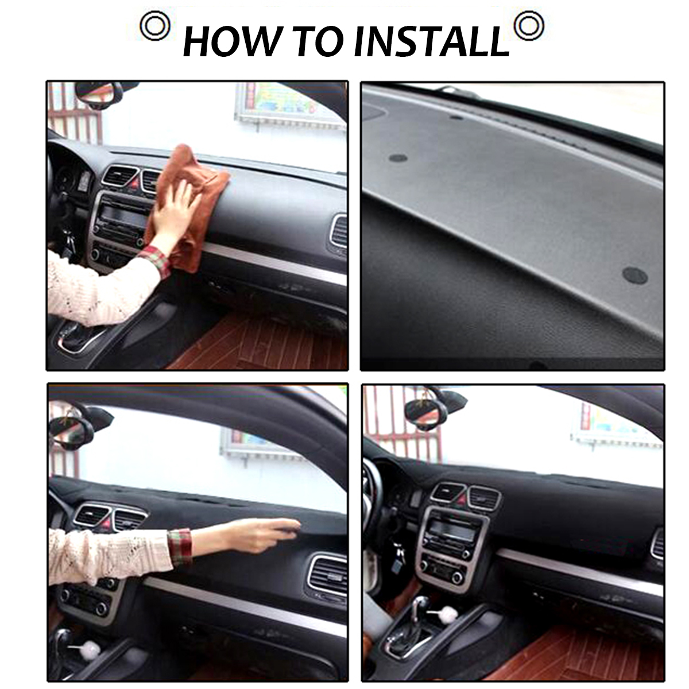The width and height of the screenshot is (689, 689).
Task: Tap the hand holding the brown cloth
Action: coord(172,212)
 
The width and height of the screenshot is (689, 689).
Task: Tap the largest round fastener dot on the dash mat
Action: coord(635,276)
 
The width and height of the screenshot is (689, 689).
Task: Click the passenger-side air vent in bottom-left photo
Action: coord(327,574)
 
